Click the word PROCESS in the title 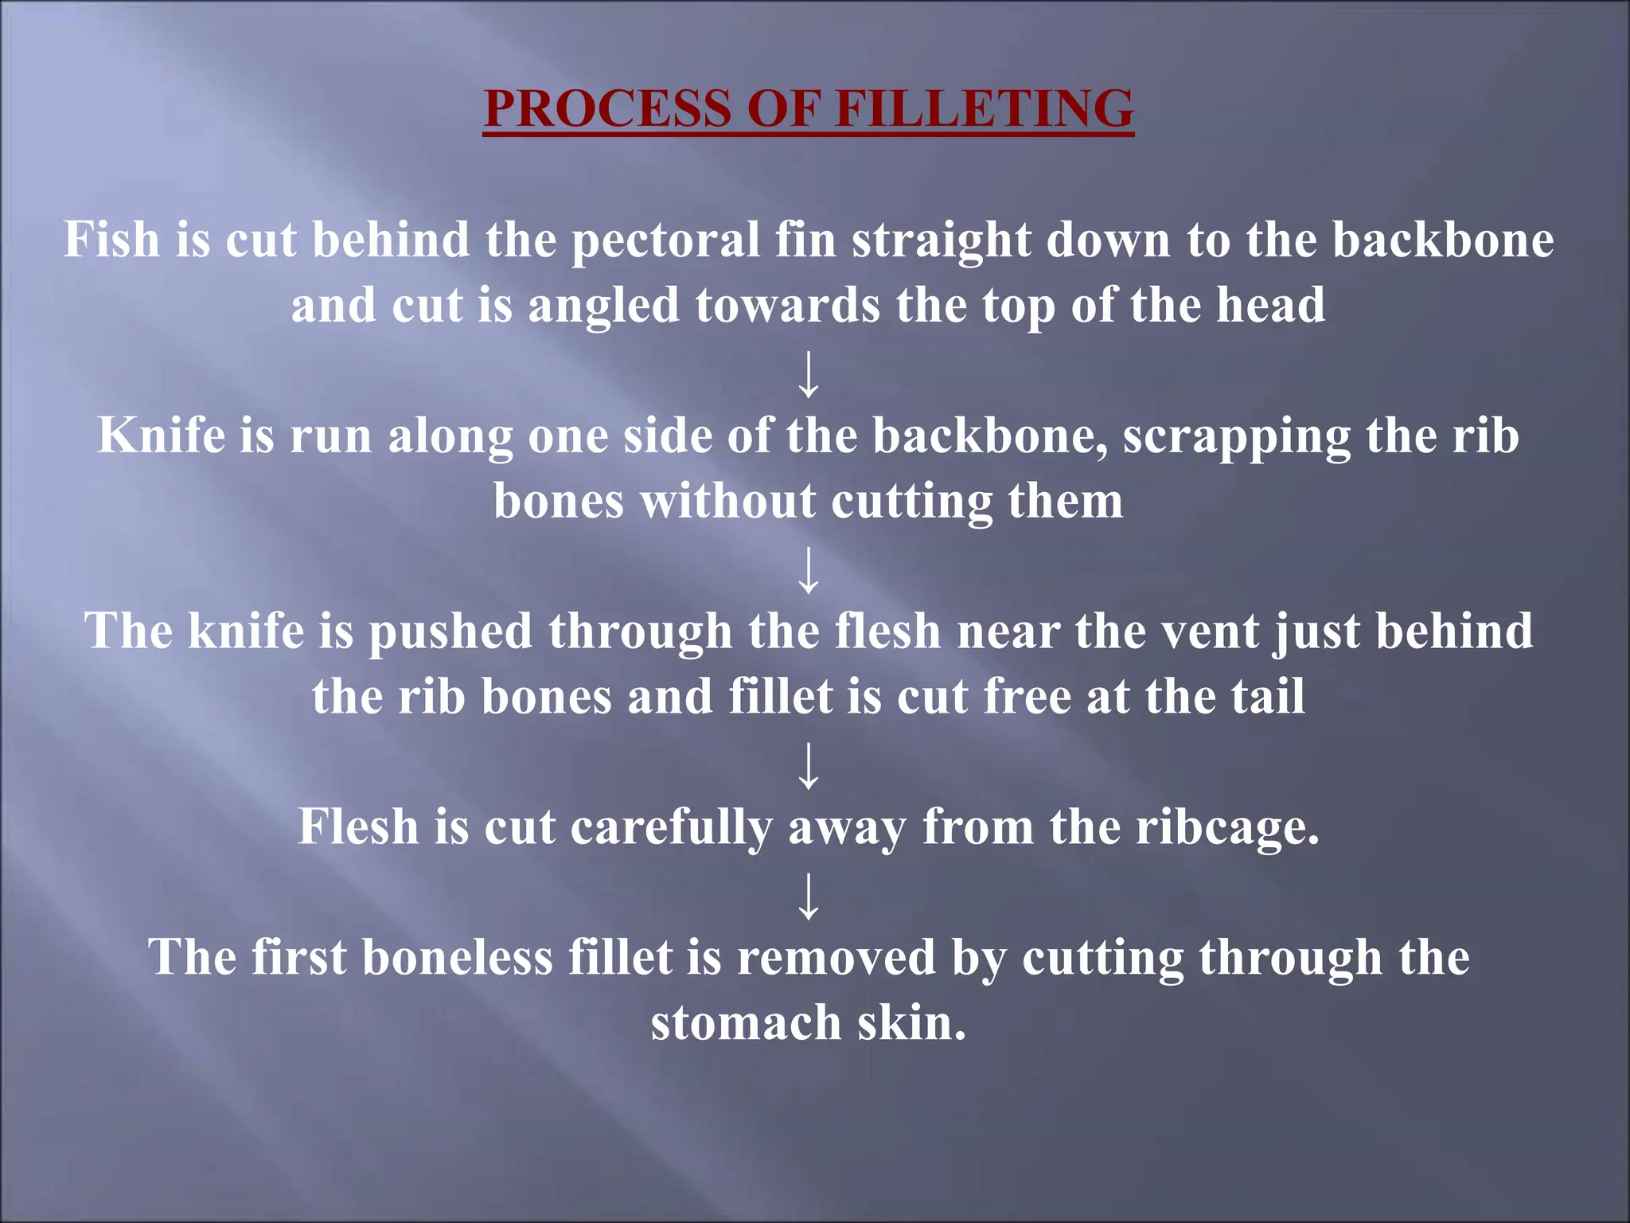(607, 108)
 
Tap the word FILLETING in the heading (985, 108)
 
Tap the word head (1271, 305)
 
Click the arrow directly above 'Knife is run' (809, 374)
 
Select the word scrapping (1237, 437)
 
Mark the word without (728, 502)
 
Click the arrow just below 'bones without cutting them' (809, 570)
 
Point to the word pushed (450, 632)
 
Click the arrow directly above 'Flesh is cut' (809, 765)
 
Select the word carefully (671, 828)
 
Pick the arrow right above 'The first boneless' (809, 896)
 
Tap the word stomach (746, 1023)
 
